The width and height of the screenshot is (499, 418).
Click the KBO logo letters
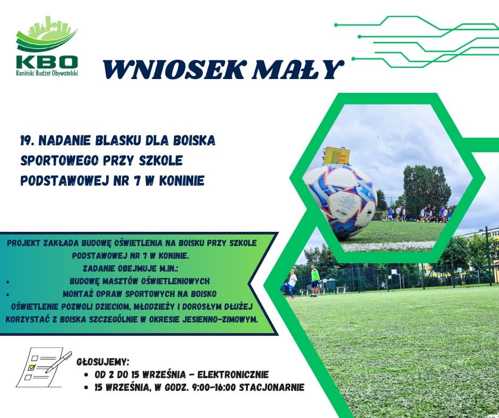[x=47, y=62]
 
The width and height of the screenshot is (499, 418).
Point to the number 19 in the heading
[x=26, y=140]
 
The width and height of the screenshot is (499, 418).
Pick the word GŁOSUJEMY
[x=103, y=362]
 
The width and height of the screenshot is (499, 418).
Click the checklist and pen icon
[x=44, y=367]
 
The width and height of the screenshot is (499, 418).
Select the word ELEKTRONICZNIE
[x=233, y=375]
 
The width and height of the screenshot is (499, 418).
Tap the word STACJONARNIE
[x=271, y=387]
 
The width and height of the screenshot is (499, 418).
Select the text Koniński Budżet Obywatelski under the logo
[x=47, y=73]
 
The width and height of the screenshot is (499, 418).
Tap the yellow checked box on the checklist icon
[x=31, y=368]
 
